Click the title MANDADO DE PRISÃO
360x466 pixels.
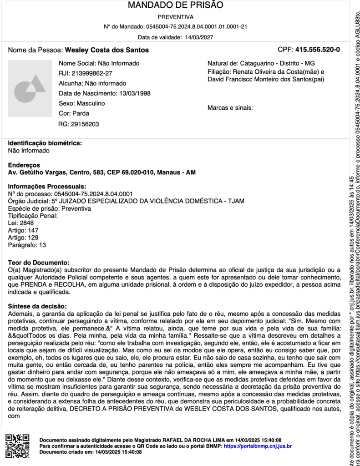coord(175,5)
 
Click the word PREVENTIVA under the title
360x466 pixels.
coord(175,17)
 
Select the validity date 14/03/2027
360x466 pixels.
coord(199,37)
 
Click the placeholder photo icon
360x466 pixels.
coord(30,88)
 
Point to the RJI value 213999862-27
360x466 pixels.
coord(92,73)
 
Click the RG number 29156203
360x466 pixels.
coord(85,124)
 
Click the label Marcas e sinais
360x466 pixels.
coord(230,108)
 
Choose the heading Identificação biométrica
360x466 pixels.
coord(45,143)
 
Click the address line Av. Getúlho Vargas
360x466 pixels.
coord(102,172)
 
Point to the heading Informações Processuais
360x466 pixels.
coord(47,187)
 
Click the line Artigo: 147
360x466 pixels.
coord(23,230)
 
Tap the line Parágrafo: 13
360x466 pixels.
coord(27,245)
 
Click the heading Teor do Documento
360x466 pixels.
coord(39,263)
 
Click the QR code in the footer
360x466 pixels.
coord(17,446)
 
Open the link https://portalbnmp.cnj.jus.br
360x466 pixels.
coord(258,446)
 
